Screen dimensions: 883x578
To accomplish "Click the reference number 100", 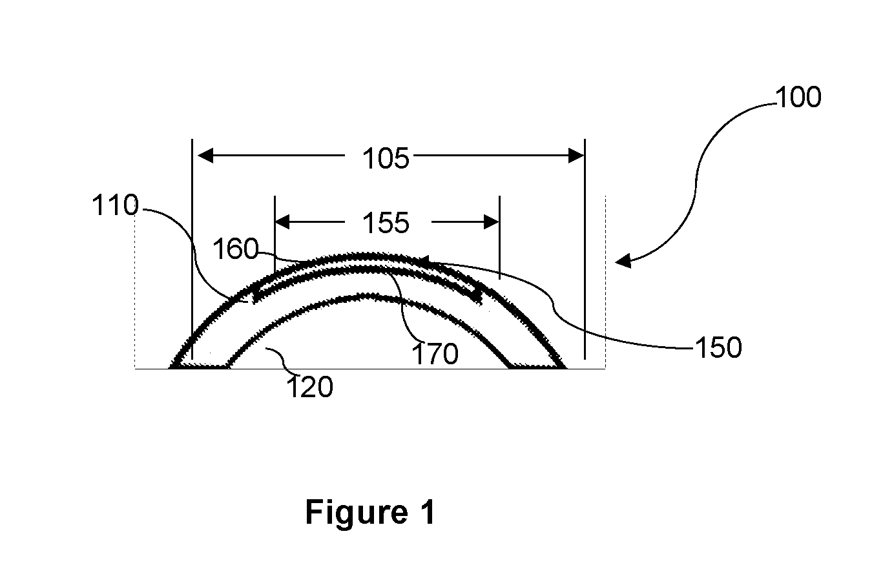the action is pyautogui.click(x=798, y=97).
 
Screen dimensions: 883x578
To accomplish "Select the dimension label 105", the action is pyautogui.click(x=386, y=158).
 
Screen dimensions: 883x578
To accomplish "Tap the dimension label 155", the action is pyautogui.click(x=386, y=223).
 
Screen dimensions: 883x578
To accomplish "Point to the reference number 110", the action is pyautogui.click(x=115, y=205).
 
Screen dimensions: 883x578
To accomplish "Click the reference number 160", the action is pyautogui.click(x=236, y=249).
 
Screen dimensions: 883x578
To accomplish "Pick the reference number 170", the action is pyautogui.click(x=435, y=353).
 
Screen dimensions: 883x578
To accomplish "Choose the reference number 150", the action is pyautogui.click(x=718, y=347).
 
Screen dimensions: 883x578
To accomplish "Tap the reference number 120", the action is pyautogui.click(x=309, y=387).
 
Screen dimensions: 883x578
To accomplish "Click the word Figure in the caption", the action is pyautogui.click(x=357, y=512).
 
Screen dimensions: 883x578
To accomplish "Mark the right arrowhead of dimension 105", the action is pyautogui.click(x=576, y=156).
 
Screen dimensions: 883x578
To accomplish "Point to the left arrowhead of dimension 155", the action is pyautogui.click(x=282, y=222).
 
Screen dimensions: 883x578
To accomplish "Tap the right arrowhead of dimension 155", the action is pyautogui.click(x=492, y=222).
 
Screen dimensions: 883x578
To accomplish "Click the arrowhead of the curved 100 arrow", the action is pyautogui.click(x=623, y=261).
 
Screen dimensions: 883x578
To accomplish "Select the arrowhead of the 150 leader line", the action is pyautogui.click(x=423, y=261).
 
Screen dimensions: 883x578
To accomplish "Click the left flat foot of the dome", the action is pyautogui.click(x=200, y=366).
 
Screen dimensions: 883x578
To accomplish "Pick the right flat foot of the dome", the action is pyautogui.click(x=537, y=366).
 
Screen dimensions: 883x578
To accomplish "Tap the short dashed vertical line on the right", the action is pyautogui.click(x=605, y=282).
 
